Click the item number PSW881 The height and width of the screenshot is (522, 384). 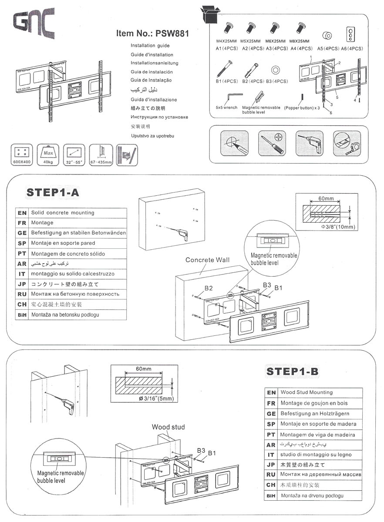click(x=152, y=33)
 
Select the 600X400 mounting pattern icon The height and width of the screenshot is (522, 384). click(x=21, y=154)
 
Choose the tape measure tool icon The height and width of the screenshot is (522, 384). click(x=347, y=143)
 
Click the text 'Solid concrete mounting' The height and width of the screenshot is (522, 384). click(x=62, y=213)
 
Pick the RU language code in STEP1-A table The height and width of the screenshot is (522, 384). click(x=22, y=294)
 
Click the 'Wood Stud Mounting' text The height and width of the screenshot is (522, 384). click(x=307, y=392)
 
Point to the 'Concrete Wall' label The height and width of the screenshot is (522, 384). click(x=207, y=260)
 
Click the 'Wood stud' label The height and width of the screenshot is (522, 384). click(x=168, y=427)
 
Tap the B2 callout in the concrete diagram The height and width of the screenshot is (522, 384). click(x=209, y=288)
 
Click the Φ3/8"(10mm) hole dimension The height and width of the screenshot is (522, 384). click(x=338, y=227)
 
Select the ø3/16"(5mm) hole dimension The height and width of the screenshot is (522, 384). click(x=156, y=398)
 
